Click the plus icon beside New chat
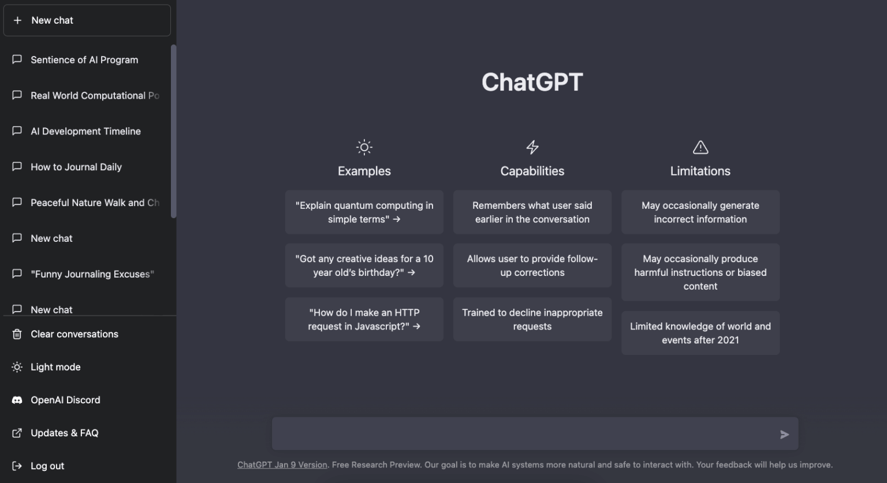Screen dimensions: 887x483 [17, 20]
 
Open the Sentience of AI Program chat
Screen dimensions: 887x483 [84, 60]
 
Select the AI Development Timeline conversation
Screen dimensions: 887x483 [85, 132]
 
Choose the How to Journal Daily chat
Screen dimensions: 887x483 [76, 167]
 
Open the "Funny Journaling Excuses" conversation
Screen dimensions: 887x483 [92, 274]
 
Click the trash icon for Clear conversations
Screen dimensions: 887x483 [17, 334]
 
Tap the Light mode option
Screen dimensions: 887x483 [55, 367]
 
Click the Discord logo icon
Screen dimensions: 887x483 [17, 400]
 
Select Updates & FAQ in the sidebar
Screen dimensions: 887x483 [65, 433]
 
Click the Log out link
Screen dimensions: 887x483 [47, 466]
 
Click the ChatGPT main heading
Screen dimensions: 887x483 [532, 82]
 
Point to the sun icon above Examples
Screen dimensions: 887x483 [364, 147]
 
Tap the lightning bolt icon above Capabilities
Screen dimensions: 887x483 [532, 147]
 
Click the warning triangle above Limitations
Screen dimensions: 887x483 [700, 147]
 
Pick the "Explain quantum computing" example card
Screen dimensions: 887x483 [364, 212]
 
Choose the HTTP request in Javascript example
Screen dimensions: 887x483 [364, 319]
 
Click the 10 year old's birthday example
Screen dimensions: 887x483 [364, 265]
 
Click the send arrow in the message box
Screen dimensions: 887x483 [784, 435]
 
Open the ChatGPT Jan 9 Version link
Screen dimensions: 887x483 [282, 465]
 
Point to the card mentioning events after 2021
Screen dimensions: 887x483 [700, 333]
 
